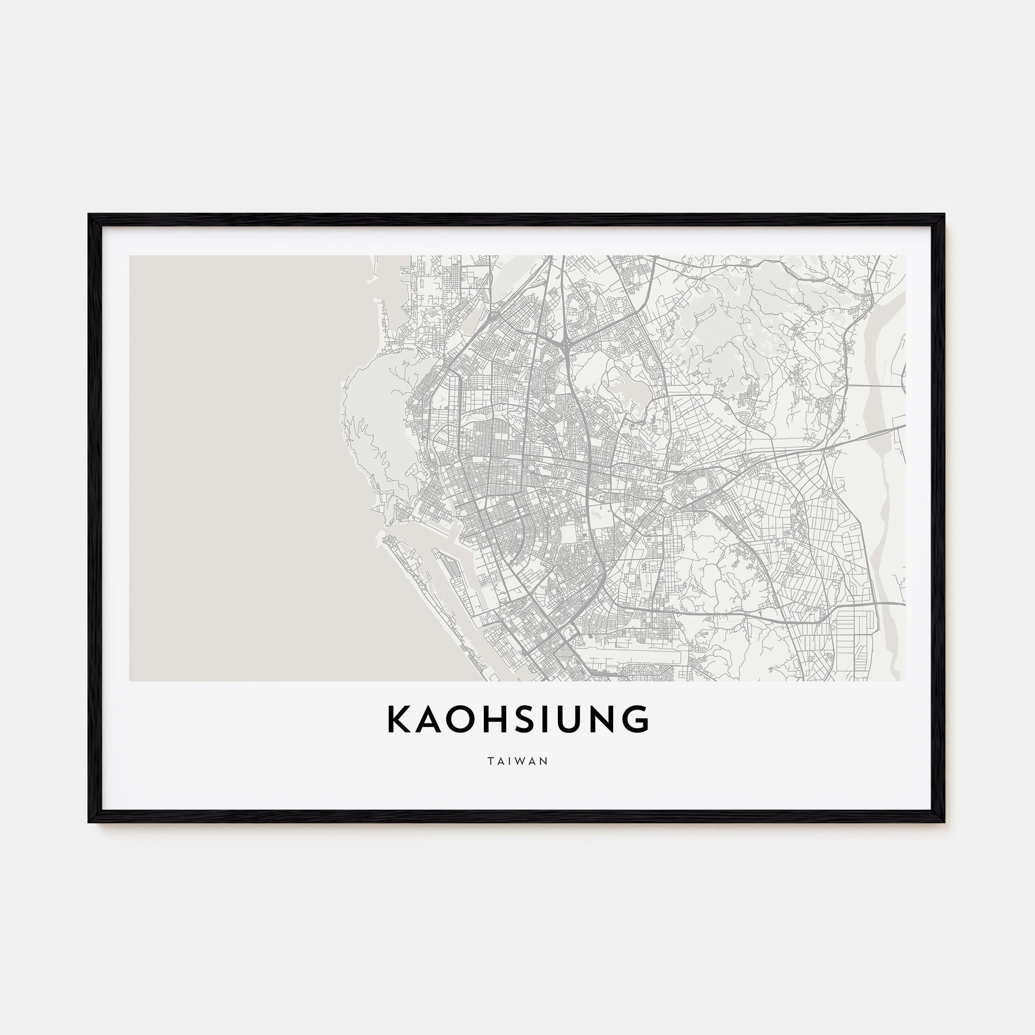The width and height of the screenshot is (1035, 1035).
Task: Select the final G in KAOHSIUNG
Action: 637,719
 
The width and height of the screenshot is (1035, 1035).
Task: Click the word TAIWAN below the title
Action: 517,761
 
